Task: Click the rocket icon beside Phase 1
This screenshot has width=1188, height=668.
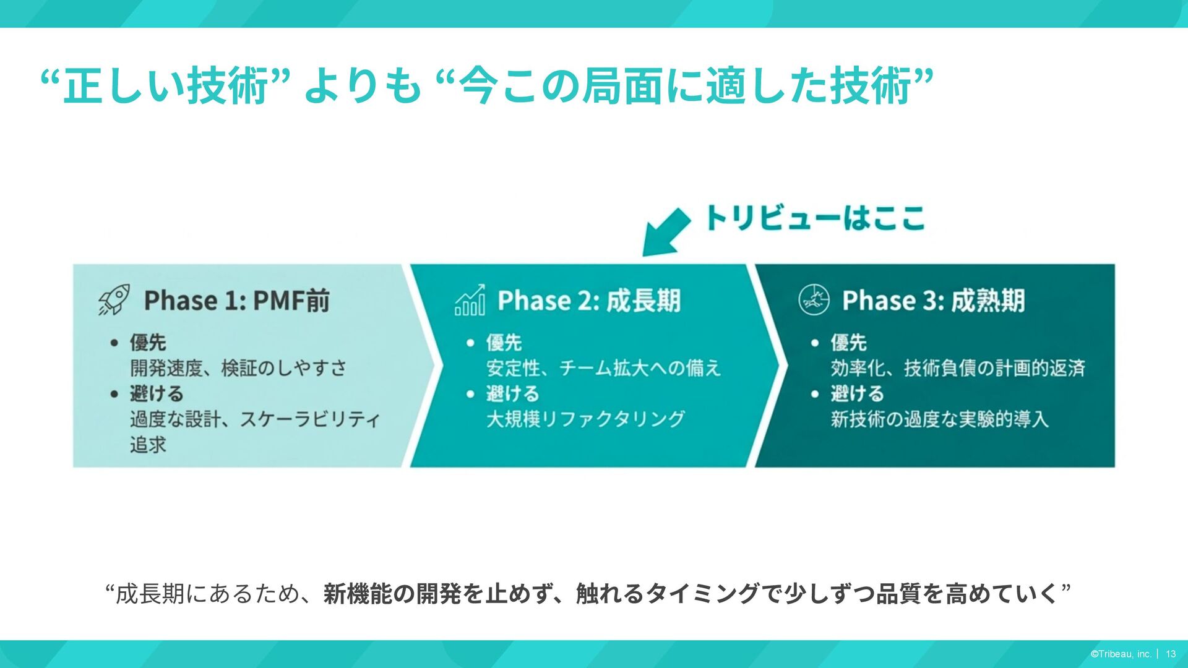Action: tap(114, 300)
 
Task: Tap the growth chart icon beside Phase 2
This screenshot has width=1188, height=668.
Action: tap(470, 300)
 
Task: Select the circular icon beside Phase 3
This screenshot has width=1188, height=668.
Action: tap(814, 300)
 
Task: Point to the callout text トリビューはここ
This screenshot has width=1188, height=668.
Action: tap(814, 218)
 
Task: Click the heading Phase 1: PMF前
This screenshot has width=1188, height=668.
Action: tap(236, 301)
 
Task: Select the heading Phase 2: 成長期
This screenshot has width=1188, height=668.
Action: tap(588, 301)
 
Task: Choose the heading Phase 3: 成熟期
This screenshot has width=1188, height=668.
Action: tap(933, 301)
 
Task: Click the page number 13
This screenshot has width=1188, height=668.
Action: tap(1171, 654)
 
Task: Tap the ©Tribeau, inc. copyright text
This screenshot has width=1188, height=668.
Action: tap(1121, 654)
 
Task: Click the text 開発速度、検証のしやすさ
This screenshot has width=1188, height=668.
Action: tap(238, 368)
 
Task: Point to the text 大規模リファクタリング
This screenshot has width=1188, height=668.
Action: tap(585, 419)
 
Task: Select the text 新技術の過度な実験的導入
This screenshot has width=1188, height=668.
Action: tap(939, 419)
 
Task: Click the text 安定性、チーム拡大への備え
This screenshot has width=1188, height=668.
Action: tap(603, 368)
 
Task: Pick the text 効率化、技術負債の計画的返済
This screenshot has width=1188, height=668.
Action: tap(958, 368)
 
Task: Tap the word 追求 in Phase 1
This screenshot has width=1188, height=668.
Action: tap(148, 445)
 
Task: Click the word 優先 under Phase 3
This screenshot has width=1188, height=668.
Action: tap(848, 342)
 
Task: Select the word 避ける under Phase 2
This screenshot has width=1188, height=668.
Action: tap(512, 393)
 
